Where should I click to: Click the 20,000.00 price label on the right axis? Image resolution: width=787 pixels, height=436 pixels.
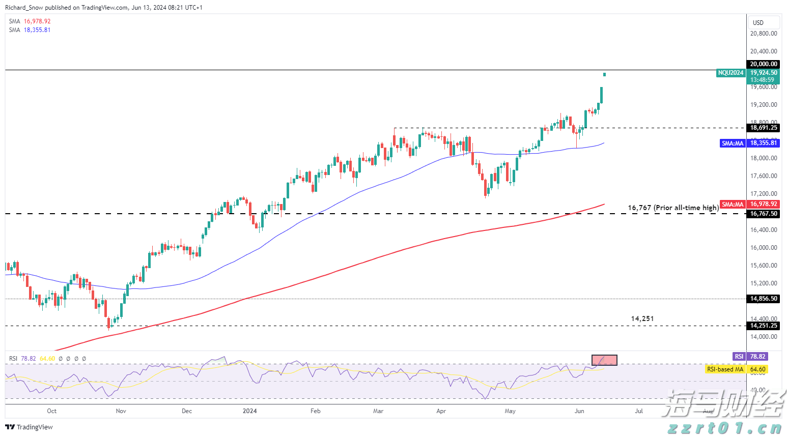[x=764, y=64]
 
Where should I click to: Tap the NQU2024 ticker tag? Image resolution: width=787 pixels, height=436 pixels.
[x=730, y=73]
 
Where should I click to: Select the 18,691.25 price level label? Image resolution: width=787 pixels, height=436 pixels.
[x=764, y=128]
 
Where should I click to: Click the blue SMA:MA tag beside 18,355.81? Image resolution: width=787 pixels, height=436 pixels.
[x=733, y=143]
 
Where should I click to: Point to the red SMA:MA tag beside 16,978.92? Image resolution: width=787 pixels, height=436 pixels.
[x=733, y=205]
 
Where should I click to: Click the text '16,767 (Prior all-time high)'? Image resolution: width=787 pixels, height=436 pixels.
[x=673, y=208]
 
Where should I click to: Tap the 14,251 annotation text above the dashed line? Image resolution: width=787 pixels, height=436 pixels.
[x=642, y=318]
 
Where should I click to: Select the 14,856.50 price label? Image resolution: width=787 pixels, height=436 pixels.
[x=764, y=299]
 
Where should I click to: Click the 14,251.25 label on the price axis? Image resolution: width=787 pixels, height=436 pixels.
[x=764, y=326]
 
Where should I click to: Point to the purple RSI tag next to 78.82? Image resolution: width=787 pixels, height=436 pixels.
[x=739, y=357]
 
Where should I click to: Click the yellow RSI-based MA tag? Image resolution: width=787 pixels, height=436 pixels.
[x=725, y=369]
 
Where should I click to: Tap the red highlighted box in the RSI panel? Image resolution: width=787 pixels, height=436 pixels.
[x=604, y=360]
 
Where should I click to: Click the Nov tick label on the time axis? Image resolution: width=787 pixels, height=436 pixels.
[x=121, y=411]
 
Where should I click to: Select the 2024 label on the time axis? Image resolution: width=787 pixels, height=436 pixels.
[x=249, y=411]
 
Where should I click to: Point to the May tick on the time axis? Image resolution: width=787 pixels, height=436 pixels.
[x=510, y=411]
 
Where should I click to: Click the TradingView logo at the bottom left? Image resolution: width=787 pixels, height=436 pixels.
[x=29, y=427]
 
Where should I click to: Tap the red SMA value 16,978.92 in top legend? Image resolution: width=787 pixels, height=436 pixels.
[x=37, y=21]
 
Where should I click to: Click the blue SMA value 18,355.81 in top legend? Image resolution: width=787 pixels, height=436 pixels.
[x=37, y=30]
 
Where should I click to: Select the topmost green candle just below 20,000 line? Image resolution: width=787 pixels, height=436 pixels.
[x=604, y=75]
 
